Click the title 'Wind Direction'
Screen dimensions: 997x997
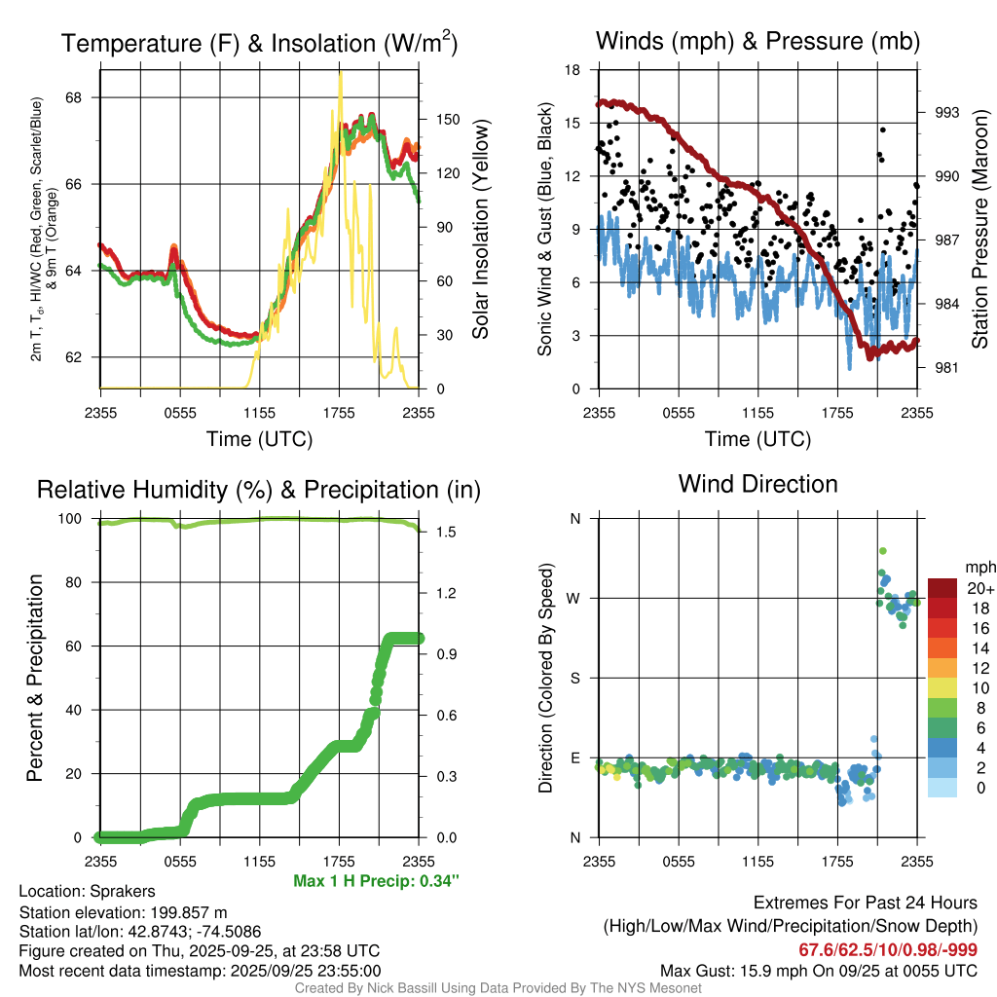click(x=757, y=484)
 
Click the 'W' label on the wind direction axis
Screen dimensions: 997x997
click(x=574, y=598)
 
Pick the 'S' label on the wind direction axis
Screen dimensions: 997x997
click(x=575, y=678)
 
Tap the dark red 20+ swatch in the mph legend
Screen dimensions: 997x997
click(x=943, y=588)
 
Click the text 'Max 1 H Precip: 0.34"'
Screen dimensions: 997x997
click(x=376, y=881)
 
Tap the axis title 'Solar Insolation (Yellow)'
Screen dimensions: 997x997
click(x=480, y=229)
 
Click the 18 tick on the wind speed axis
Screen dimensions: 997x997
click(x=573, y=70)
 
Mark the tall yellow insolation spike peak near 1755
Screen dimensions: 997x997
click(x=340, y=75)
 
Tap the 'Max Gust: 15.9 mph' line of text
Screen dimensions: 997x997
click(x=818, y=971)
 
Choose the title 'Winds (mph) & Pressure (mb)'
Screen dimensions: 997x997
click(x=757, y=41)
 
